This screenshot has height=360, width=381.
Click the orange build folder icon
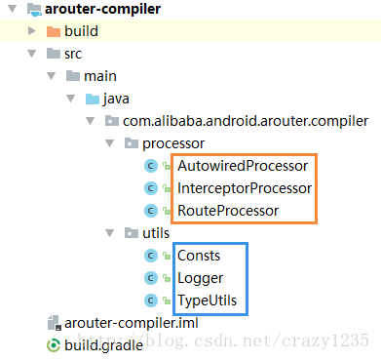click(54, 31)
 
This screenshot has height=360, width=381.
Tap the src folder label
click(73, 54)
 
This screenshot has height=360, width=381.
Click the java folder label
click(120, 99)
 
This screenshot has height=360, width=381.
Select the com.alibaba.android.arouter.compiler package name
click(245, 121)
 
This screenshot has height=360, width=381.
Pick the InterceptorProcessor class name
click(245, 187)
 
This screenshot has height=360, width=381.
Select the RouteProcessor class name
click(228, 210)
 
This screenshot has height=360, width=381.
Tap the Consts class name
click(199, 256)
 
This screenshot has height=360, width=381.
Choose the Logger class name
click(201, 278)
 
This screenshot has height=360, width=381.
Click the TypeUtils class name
click(207, 300)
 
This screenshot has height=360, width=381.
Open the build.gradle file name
click(103, 344)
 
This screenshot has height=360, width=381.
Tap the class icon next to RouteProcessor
click(151, 210)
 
